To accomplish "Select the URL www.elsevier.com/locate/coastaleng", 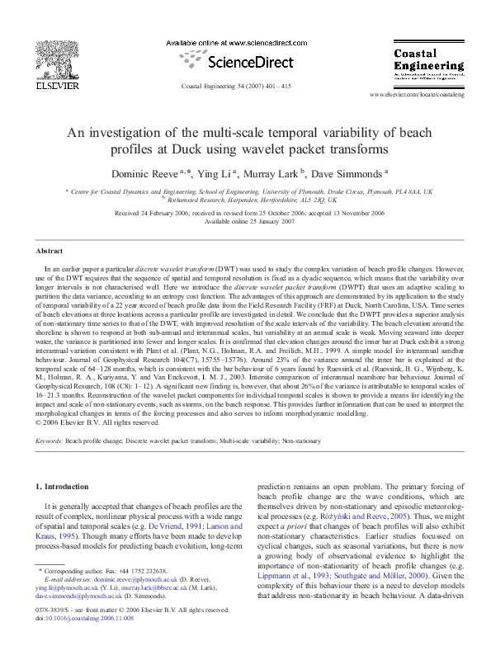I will coord(419,95).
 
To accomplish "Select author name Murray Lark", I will coord(271,174).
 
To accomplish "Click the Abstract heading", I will coord(50,251).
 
